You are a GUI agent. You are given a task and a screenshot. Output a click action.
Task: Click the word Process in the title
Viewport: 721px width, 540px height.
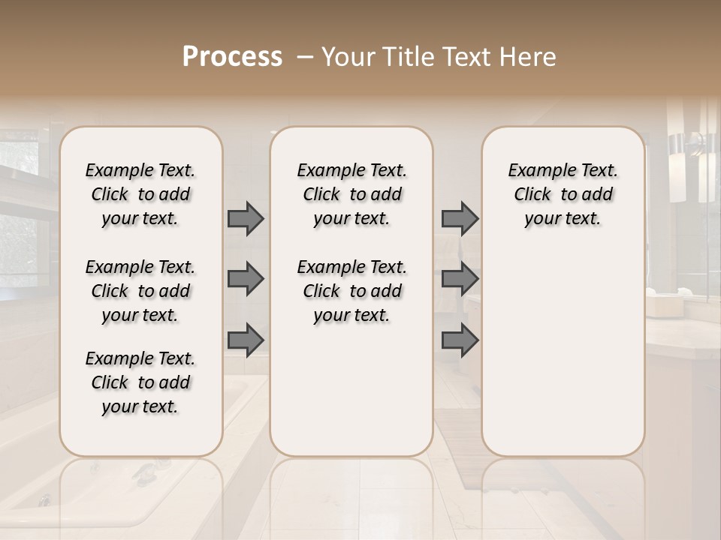[232, 57]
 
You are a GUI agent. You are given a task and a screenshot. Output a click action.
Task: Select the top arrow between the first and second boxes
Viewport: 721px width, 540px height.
[246, 219]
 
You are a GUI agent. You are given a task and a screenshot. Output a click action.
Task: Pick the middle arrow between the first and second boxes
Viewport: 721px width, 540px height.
[246, 280]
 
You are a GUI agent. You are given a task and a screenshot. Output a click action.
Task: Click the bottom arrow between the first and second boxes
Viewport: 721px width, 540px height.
[246, 340]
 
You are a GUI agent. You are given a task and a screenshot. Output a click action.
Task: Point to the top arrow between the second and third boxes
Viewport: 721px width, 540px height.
[460, 219]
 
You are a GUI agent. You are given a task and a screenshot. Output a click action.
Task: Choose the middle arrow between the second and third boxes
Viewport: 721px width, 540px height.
[460, 280]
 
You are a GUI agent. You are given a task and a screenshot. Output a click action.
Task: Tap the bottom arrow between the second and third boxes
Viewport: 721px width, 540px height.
[460, 340]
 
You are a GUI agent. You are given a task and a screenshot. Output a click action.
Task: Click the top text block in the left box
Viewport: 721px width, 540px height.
[140, 194]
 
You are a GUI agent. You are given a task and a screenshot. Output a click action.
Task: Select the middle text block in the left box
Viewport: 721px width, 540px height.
[140, 291]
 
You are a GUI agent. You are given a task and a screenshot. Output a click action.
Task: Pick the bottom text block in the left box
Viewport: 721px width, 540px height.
[140, 382]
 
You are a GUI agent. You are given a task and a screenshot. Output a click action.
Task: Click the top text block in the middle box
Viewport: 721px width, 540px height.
[351, 194]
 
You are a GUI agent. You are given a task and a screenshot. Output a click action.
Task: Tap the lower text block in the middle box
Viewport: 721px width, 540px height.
[351, 291]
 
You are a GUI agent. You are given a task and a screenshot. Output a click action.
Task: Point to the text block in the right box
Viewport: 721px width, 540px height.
[563, 194]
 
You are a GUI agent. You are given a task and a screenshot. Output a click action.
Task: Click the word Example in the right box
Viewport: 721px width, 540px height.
[536, 170]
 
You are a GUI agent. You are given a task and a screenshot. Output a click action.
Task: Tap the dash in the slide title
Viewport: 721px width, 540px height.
[304, 57]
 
